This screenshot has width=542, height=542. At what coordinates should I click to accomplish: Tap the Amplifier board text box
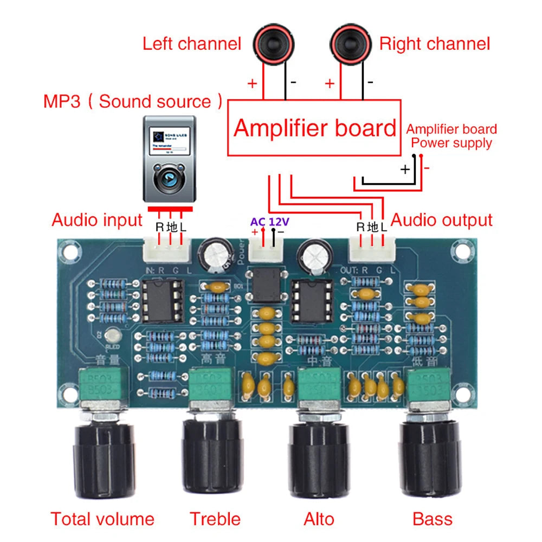(314, 128)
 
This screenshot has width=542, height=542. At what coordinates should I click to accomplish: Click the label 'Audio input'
(96, 220)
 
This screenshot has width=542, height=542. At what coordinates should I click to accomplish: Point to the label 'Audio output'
(442, 220)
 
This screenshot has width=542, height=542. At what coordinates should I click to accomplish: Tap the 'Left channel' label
(191, 44)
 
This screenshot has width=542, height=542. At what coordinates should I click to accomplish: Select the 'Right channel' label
(435, 44)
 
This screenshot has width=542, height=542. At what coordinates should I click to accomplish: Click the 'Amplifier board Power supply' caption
(451, 136)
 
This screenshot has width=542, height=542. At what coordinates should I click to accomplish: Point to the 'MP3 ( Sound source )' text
(133, 101)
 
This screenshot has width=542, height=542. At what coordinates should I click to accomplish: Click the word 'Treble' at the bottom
(215, 519)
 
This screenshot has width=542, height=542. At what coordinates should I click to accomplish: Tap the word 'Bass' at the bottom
(432, 519)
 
